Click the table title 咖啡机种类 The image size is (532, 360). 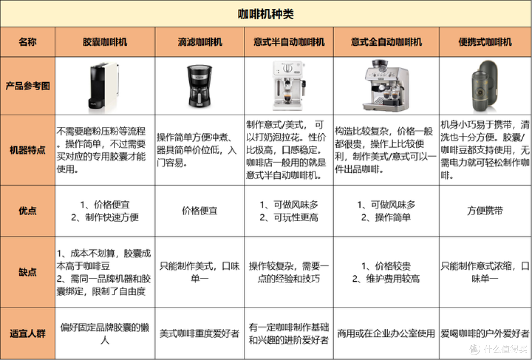[x=266, y=14]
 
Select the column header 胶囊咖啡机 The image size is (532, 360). [x=105, y=42]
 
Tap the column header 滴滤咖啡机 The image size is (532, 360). [x=199, y=42]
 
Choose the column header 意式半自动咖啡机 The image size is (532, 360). [x=289, y=42]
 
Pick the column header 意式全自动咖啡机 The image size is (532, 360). [x=386, y=42]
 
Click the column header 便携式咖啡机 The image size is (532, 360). [x=485, y=42]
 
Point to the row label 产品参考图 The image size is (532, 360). [x=28, y=86]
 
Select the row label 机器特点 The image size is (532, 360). [x=28, y=150]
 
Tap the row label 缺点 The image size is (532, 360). [x=28, y=272]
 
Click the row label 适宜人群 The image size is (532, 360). [x=28, y=333]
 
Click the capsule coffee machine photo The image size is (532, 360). [x=104, y=86]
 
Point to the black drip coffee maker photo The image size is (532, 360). [x=199, y=87]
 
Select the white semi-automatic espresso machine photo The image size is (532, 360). [x=289, y=86]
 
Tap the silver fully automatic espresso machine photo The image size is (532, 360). [x=386, y=86]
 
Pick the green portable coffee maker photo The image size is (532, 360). [x=485, y=86]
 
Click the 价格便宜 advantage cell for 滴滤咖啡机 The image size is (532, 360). [x=199, y=211]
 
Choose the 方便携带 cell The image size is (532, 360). [x=485, y=211]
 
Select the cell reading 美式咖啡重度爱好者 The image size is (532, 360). [x=199, y=333]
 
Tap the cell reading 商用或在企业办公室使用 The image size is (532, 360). [x=386, y=333]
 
